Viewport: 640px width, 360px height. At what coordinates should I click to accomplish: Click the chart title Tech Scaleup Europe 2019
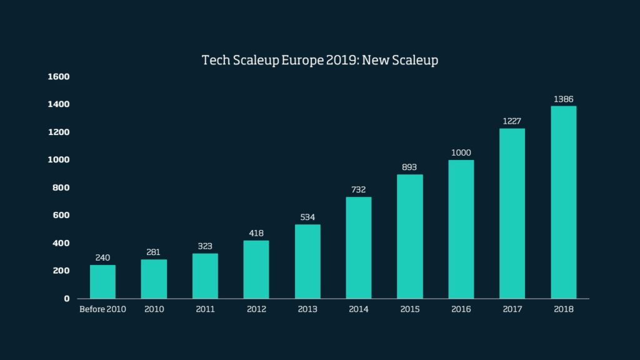pyautogui.click(x=320, y=61)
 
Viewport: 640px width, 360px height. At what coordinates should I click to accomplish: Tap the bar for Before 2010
pyautogui.click(x=102, y=282)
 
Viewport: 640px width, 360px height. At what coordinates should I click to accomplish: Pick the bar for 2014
pyautogui.click(x=358, y=247)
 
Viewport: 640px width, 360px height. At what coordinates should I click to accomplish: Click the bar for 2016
pyautogui.click(x=461, y=229)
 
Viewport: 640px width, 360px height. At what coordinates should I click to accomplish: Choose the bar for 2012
pyautogui.click(x=256, y=269)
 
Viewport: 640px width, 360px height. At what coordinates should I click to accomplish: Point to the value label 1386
pyautogui.click(x=563, y=99)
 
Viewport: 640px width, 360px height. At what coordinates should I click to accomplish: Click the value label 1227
pyautogui.click(x=512, y=121)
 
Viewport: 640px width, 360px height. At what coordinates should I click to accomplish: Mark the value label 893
pyautogui.click(x=409, y=167)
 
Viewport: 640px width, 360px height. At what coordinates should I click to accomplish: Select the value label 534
pyautogui.click(x=307, y=217)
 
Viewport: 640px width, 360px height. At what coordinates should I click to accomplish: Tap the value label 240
pyautogui.click(x=102, y=257)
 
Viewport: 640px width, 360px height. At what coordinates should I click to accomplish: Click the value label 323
pyautogui.click(x=205, y=246)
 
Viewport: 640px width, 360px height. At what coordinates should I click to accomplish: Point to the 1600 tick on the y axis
pyautogui.click(x=58, y=77)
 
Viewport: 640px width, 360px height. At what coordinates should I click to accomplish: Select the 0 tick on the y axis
pyautogui.click(x=66, y=298)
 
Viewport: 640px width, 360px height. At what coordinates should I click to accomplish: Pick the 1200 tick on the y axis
pyautogui.click(x=58, y=132)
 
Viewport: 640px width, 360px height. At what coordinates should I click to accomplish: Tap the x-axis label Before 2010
pyautogui.click(x=102, y=309)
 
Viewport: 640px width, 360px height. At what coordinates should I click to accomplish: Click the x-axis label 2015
pyautogui.click(x=409, y=309)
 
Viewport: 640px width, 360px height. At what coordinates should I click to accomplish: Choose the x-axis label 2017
pyautogui.click(x=512, y=309)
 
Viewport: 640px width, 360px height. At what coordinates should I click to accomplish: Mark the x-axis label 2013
pyautogui.click(x=307, y=309)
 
